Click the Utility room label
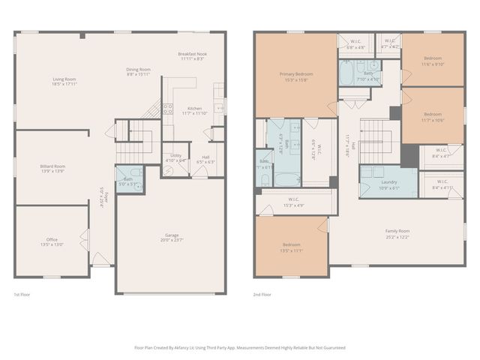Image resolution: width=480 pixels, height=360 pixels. pyautogui.click(x=175, y=157)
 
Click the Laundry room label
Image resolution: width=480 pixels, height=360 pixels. pyautogui.click(x=388, y=182)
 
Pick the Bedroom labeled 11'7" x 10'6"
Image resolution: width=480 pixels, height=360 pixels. pyautogui.click(x=433, y=116)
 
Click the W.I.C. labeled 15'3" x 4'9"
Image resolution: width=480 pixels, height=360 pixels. pyautogui.click(x=292, y=202)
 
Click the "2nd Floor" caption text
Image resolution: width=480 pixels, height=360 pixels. pyautogui.click(x=262, y=295)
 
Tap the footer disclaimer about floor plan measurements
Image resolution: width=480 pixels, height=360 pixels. pyautogui.click(x=239, y=348)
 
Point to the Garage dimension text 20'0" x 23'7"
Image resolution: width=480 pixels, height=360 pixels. pyautogui.click(x=172, y=240)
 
